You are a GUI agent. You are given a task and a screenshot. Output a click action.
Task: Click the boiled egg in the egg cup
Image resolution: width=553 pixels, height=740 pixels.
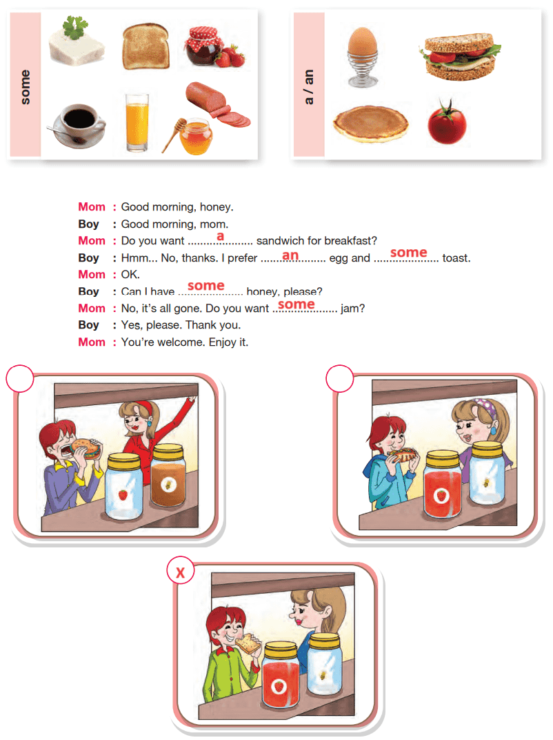362,57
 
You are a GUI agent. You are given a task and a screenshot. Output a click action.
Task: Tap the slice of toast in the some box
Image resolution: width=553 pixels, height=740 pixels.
145,46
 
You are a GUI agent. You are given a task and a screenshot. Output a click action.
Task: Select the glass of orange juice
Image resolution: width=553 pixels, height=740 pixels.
137,122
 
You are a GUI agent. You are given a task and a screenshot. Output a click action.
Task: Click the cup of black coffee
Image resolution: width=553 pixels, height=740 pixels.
77,126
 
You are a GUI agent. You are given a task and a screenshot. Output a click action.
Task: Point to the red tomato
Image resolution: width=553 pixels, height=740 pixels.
447,123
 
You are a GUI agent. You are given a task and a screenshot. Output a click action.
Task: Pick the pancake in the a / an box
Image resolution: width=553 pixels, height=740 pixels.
370,123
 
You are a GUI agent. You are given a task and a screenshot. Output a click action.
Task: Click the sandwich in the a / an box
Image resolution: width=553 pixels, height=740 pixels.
460,56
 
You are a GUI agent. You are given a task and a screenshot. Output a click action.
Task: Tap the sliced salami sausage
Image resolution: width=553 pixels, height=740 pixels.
218,104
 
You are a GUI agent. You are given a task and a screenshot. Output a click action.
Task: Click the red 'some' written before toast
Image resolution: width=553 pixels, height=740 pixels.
409,253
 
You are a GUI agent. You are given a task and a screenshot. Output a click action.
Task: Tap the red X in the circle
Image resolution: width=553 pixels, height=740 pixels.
180,572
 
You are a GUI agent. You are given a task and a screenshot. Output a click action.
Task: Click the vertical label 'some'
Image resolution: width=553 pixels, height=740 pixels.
25,87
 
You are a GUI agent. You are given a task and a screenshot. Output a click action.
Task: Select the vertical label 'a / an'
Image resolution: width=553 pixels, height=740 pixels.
308,87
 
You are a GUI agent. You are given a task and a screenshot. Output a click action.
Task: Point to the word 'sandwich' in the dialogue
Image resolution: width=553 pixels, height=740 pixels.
280,241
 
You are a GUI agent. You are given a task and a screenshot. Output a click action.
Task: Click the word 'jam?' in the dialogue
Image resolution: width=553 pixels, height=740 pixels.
352,309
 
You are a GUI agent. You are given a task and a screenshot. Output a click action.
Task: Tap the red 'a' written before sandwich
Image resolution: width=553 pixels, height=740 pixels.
220,236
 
